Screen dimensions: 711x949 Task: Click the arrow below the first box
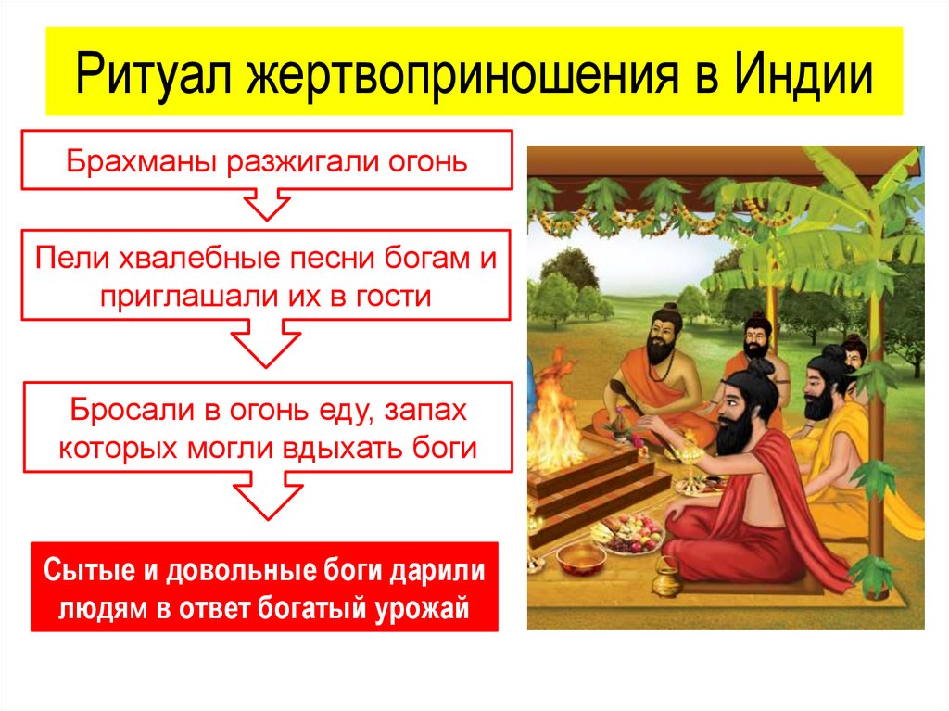pyautogui.click(x=266, y=203)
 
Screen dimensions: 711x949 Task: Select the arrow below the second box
pyautogui.click(x=266, y=345)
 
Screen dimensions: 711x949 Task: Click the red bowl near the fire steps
pyautogui.click(x=581, y=558)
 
